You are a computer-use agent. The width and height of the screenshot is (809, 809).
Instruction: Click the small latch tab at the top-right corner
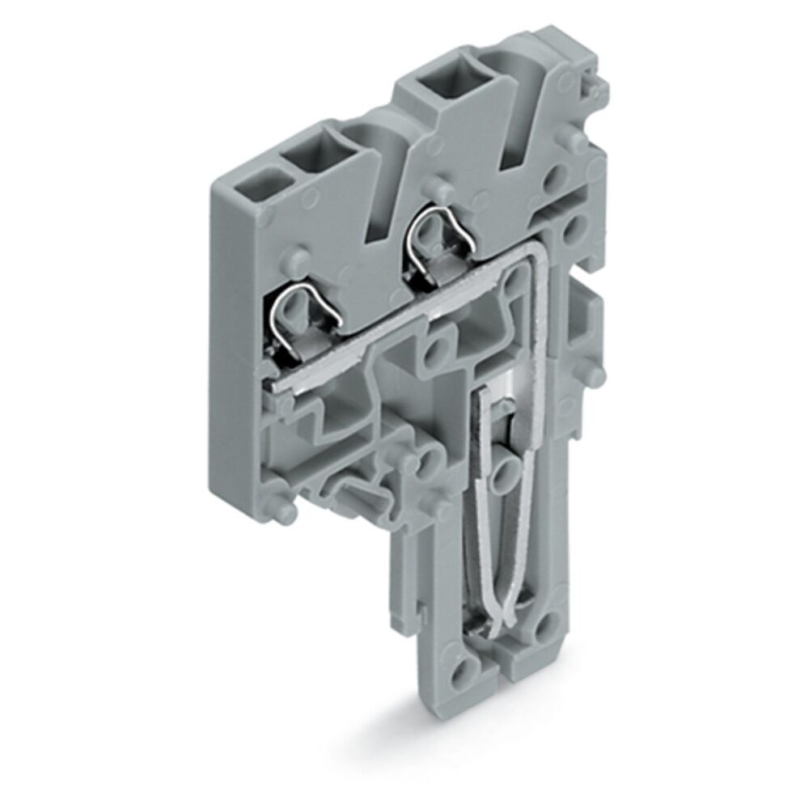pos(595,81)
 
